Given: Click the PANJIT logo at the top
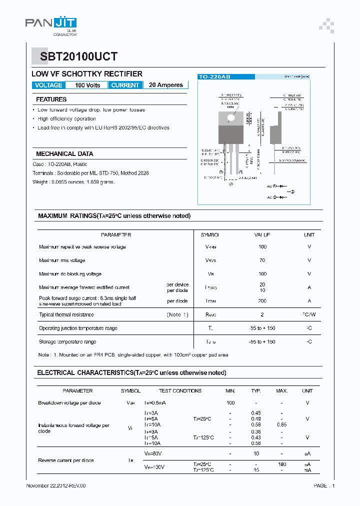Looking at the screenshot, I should (x=51, y=23).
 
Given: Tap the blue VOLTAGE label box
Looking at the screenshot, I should (x=48, y=85).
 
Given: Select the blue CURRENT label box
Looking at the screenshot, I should (x=125, y=85).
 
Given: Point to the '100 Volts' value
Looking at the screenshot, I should (x=87, y=85).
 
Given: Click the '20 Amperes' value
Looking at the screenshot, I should (x=166, y=85).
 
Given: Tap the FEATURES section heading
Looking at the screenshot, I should (x=51, y=99).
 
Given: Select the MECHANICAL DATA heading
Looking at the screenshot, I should (x=64, y=154).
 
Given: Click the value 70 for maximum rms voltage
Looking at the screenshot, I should (x=262, y=260).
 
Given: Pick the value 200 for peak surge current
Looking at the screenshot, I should (x=262, y=301).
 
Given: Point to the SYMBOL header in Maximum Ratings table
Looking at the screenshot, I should (x=209, y=234).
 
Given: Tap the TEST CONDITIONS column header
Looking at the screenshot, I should (x=180, y=391).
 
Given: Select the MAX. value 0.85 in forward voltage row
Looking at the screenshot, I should (x=281, y=424).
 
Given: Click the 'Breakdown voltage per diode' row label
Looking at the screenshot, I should (x=69, y=403).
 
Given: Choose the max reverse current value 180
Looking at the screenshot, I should (x=281, y=464).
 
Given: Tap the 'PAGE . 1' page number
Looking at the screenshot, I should (x=324, y=485).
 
